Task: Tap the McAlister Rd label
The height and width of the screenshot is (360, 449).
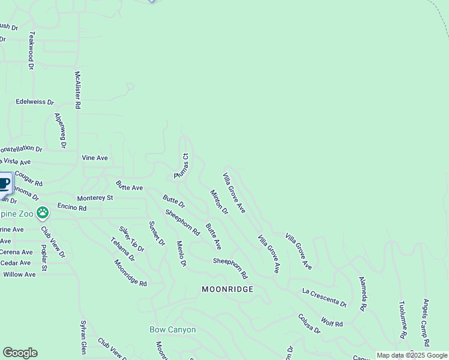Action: click(77, 90)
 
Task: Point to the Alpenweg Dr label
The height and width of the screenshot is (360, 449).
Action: click(59, 130)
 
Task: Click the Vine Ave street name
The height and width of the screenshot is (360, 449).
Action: click(95, 158)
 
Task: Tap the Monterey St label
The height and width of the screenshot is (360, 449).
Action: click(95, 197)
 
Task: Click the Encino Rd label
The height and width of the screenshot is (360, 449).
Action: click(72, 208)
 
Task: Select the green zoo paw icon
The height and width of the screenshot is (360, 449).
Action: click(43, 212)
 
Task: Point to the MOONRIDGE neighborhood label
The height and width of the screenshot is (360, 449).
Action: click(227, 289)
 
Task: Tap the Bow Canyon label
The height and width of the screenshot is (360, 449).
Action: click(172, 329)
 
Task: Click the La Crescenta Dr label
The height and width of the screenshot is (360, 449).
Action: click(324, 297)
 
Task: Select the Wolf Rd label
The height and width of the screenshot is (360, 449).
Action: click(331, 323)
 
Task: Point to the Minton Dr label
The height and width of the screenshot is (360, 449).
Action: click(219, 202)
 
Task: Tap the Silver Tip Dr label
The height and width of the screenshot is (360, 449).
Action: click(131, 239)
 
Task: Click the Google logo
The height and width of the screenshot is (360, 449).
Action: click(20, 353)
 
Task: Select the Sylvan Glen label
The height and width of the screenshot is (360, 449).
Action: click(83, 341)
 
